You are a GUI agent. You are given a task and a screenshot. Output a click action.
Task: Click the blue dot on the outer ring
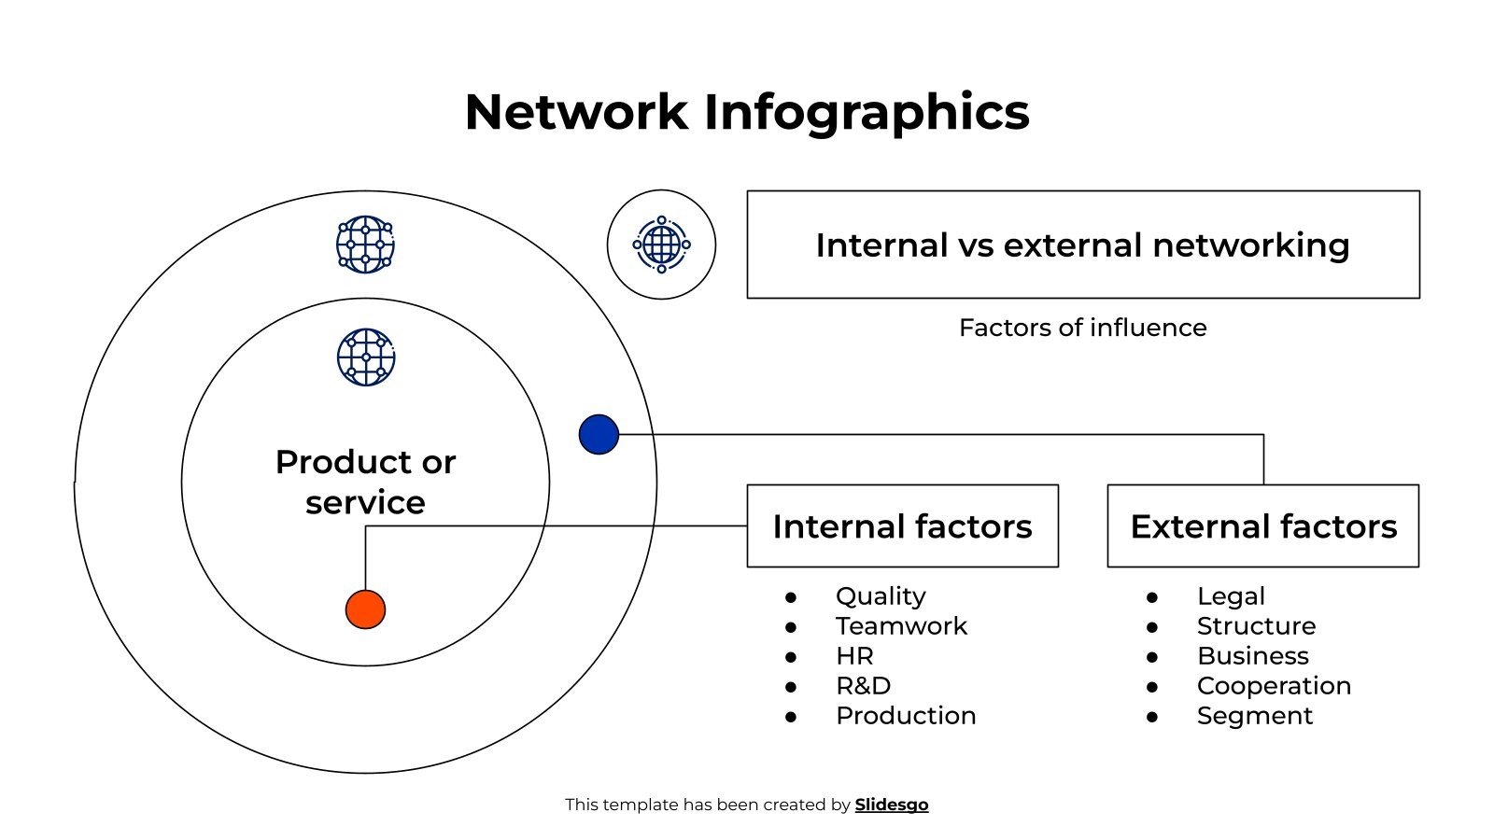(x=599, y=435)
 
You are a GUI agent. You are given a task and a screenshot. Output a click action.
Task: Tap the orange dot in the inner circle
(x=365, y=609)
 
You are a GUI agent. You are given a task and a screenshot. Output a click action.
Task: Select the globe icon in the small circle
(x=661, y=245)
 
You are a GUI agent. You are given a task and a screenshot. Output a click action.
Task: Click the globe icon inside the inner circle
(x=365, y=357)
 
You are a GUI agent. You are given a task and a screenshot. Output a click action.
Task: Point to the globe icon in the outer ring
(x=365, y=245)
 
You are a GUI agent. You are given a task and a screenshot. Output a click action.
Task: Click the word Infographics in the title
(x=866, y=112)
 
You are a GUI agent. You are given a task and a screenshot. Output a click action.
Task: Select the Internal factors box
(x=902, y=525)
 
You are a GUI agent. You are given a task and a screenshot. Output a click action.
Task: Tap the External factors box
(x=1262, y=525)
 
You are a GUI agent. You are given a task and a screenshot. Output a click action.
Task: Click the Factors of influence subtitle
(x=1082, y=328)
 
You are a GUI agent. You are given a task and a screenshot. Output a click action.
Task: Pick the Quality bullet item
(x=881, y=595)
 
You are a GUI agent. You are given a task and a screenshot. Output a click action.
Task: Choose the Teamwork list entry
(x=901, y=625)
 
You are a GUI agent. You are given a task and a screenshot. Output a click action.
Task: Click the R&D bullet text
(x=863, y=685)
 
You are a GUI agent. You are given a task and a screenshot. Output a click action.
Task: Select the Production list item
(x=906, y=715)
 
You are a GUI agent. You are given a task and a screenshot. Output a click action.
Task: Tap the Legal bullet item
(x=1231, y=595)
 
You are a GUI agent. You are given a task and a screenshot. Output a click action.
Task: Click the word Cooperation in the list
(x=1274, y=685)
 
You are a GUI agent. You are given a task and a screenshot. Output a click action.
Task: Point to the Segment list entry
(x=1254, y=715)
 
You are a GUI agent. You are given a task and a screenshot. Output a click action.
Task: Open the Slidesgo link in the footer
(x=892, y=805)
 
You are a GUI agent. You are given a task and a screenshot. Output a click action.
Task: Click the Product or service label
(x=365, y=482)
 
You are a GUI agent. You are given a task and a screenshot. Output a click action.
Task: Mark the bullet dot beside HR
(x=791, y=656)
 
